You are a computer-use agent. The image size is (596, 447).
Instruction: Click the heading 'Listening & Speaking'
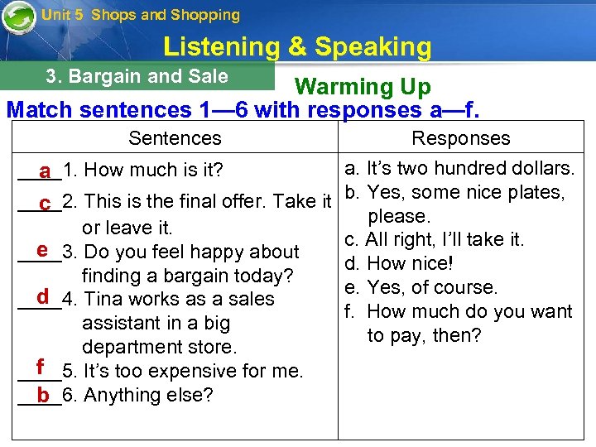pyautogui.click(x=297, y=47)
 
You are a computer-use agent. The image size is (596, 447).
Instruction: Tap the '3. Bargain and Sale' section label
pyautogui.click(x=137, y=76)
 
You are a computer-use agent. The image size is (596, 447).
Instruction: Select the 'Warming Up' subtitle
pyautogui.click(x=363, y=86)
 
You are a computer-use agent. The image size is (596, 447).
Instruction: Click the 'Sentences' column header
pyautogui.click(x=175, y=138)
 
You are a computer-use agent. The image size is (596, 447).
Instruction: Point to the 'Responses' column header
pyautogui.click(x=461, y=138)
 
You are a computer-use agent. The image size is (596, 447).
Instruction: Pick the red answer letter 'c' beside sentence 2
pyautogui.click(x=45, y=202)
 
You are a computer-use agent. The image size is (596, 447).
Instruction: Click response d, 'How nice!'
pyautogui.click(x=410, y=264)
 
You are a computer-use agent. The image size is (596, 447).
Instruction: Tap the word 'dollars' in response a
pyautogui.click(x=544, y=169)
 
